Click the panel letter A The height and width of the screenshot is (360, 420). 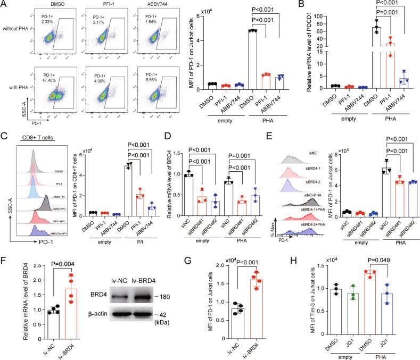(x=5, y=5)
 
